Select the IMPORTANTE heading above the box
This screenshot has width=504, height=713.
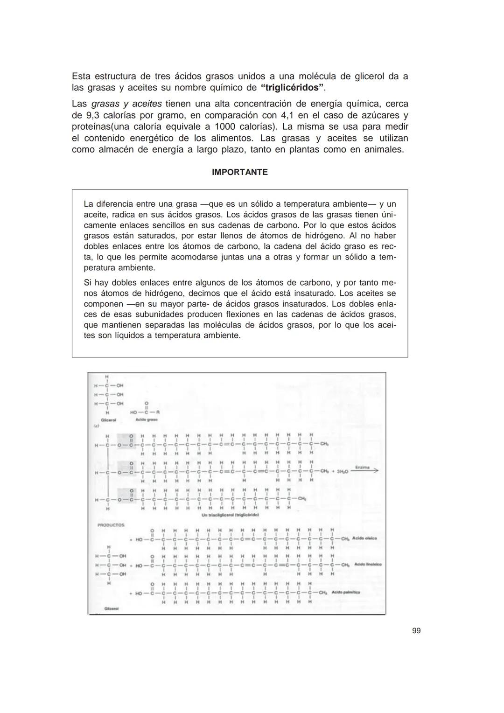point(240,172)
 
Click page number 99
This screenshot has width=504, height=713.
point(416,631)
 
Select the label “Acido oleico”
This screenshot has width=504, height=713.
point(364,538)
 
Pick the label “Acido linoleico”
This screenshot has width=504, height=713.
point(368,564)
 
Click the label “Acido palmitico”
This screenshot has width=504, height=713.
point(346,592)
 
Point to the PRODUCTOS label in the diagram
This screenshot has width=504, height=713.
point(111,525)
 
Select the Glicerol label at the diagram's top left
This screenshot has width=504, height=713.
point(108,419)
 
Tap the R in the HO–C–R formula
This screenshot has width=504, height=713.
point(158,412)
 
